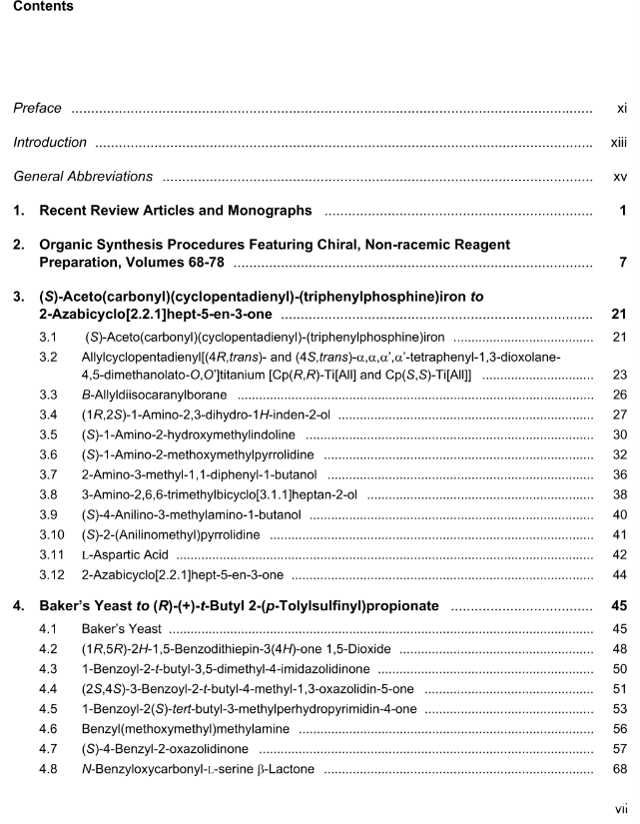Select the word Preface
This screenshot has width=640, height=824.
pos(37,108)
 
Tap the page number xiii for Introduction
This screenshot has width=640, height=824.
pos(618,143)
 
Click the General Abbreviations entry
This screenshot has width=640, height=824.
pos(83,177)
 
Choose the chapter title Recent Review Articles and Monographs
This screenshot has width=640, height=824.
pos(176,211)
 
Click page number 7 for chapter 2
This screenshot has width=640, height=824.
pos(622,263)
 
